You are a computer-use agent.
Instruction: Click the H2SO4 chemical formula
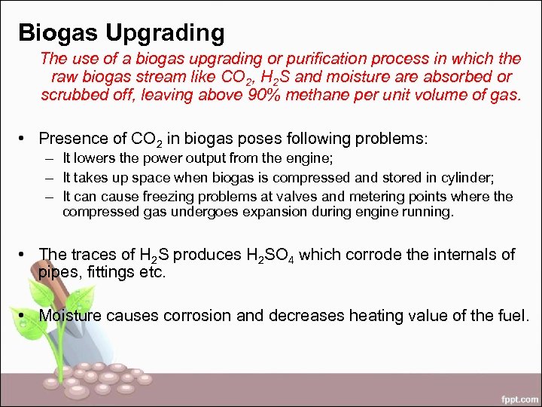point(273,256)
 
